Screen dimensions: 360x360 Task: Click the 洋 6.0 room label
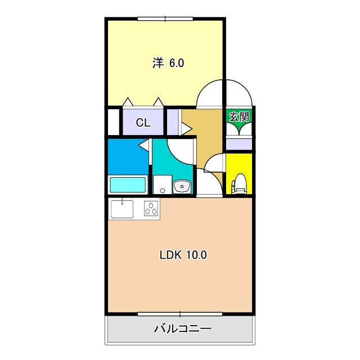(x=168, y=63)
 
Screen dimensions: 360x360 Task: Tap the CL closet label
(x=143, y=123)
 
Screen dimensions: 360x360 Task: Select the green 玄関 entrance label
(x=239, y=117)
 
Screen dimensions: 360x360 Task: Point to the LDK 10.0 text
(x=183, y=255)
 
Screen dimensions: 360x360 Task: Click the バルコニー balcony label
(x=183, y=328)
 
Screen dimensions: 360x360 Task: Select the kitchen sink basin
(x=122, y=209)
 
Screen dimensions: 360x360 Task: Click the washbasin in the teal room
(x=182, y=186)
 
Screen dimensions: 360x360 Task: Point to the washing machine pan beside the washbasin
(x=162, y=184)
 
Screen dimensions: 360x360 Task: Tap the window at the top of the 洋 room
(x=165, y=19)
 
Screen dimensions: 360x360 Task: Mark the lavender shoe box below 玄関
(x=239, y=143)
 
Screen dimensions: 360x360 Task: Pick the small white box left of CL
(x=114, y=122)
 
